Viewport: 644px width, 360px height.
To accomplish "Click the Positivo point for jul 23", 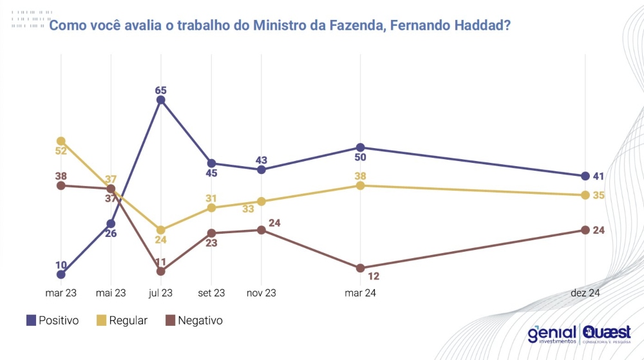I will (x=161, y=100).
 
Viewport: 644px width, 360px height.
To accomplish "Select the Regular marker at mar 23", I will (x=61, y=141).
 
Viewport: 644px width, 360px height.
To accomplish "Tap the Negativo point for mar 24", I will (x=360, y=268).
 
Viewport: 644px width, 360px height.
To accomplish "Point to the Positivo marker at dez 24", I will (x=585, y=176).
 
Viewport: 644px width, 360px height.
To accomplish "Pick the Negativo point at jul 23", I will (x=161, y=271).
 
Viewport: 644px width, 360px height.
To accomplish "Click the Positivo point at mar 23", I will (x=61, y=274).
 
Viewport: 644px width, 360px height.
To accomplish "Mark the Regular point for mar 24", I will (x=360, y=185).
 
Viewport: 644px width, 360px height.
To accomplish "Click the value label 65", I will (x=161, y=90).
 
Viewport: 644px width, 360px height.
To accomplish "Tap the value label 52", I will (x=61, y=151).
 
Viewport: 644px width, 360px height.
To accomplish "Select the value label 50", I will (x=360, y=158).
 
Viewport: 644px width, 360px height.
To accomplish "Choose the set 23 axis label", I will (x=211, y=293).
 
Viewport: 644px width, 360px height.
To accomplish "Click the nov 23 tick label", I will (x=261, y=293).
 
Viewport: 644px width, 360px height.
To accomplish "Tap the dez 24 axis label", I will (x=585, y=293).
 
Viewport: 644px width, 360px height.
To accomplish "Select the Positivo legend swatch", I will (x=30, y=320).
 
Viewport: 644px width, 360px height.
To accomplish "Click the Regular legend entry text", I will (x=129, y=320).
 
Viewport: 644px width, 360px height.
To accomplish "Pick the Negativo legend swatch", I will (x=170, y=320).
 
